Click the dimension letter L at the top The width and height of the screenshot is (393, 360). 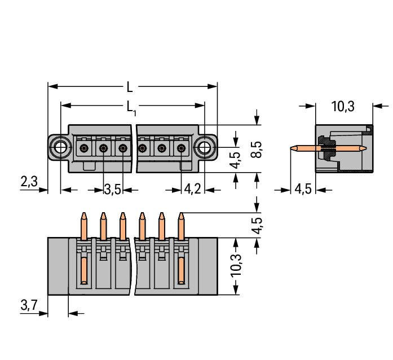(130, 87)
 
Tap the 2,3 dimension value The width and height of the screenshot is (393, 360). (29, 182)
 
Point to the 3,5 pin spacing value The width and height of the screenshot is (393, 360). (113, 189)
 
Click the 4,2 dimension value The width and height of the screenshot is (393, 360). (192, 189)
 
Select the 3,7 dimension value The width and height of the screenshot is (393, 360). (29, 305)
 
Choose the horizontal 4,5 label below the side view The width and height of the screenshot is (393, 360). (303, 189)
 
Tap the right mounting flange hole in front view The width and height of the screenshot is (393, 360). (203, 148)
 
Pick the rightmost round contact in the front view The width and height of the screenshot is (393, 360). (181, 148)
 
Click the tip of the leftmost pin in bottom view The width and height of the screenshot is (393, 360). (84, 215)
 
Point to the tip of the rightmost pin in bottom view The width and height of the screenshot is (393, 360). (181, 215)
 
